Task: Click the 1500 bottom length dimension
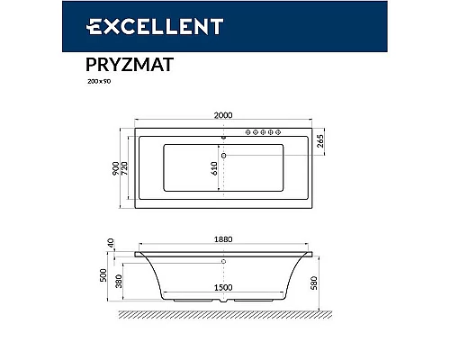[x=224, y=286]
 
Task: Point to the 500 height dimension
[x=104, y=274]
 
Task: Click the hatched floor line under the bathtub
[x=224, y=315]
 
